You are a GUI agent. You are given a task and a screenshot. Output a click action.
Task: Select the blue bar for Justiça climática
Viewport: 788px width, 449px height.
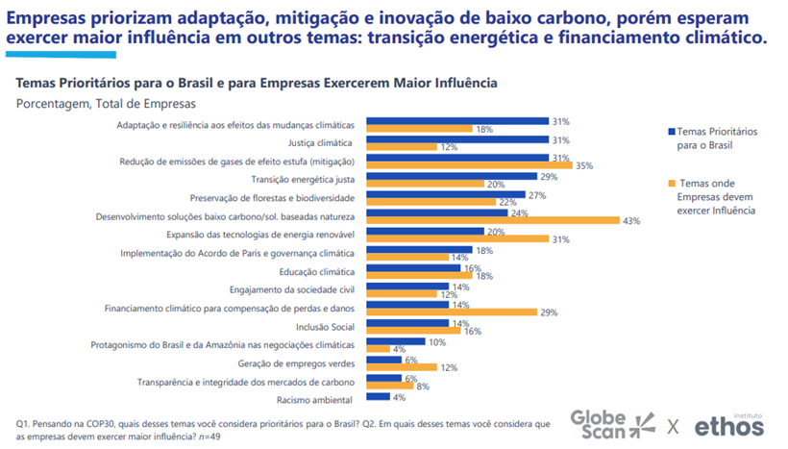coord(456,139)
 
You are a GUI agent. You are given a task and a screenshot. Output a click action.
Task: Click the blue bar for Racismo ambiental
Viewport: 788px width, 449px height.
coord(378,396)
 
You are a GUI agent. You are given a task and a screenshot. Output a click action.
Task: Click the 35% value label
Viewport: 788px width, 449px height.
coord(583,165)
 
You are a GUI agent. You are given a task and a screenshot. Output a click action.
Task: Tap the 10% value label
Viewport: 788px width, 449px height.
coord(437,340)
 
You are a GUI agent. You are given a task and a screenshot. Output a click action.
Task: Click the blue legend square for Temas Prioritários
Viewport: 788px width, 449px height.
coord(671,130)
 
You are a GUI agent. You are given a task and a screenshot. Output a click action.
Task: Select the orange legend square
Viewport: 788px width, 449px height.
coord(671,183)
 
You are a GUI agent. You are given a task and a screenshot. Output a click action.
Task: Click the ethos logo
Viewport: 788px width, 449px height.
coord(729,423)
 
